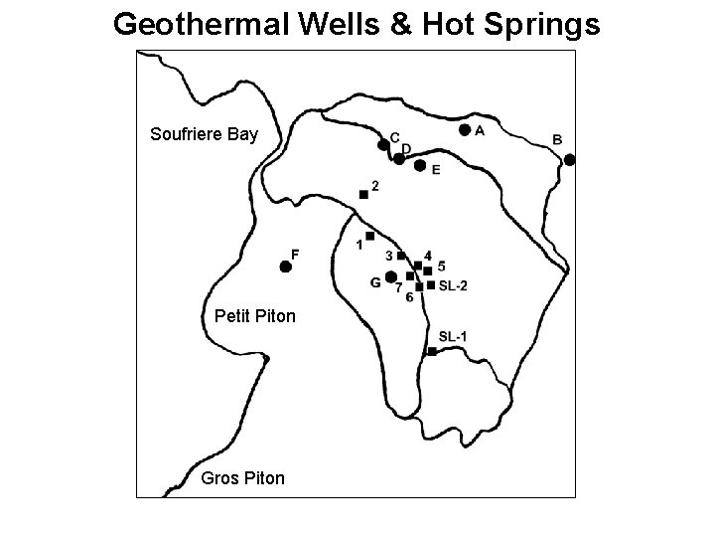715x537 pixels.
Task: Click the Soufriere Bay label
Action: [204, 133]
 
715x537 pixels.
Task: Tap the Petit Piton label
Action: [255, 317]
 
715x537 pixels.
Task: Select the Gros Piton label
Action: [242, 478]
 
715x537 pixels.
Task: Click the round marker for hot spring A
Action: [465, 129]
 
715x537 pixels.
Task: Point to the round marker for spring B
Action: [570, 159]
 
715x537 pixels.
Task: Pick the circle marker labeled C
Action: [383, 145]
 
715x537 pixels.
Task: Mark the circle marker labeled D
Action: [398, 158]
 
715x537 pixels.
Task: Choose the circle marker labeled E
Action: [419, 165]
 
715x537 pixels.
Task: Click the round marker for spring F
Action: [285, 267]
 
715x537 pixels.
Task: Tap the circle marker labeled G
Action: [391, 276]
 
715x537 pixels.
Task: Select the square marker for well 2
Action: [363, 194]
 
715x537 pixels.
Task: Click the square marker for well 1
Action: [369, 236]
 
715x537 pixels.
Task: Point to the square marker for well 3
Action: [401, 256]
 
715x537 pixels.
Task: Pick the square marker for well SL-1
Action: [432, 351]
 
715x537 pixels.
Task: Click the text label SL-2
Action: [453, 285]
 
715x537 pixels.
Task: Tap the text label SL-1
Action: [452, 337]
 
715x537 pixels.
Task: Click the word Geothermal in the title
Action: [197, 24]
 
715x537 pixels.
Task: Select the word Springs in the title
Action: [544, 24]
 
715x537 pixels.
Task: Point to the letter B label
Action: [557, 139]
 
